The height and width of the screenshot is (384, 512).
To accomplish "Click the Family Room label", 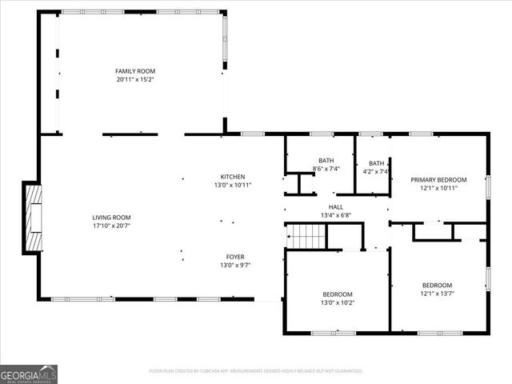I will click(134, 71).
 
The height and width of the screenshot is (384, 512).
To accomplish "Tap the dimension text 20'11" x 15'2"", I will click(134, 79).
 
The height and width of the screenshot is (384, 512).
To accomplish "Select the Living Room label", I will click(111, 218).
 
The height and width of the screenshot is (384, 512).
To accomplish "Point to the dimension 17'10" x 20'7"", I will click(111, 226).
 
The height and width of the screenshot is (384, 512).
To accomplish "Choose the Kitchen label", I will click(233, 177).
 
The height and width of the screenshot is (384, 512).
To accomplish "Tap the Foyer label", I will click(233, 257).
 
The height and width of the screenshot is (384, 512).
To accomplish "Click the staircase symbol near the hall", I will click(306, 237).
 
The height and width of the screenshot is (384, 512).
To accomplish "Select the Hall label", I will click(336, 206).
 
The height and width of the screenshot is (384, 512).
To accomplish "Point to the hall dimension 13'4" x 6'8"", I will click(336, 214).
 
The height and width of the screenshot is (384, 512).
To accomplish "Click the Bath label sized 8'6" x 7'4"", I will click(326, 161).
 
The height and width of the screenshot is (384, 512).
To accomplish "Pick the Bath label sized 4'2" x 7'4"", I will click(375, 163).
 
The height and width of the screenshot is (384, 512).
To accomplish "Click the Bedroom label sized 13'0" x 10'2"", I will click(337, 294).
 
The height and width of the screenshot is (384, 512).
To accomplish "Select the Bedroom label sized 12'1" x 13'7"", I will click(437, 286).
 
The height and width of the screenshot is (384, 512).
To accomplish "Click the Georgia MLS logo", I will click(29, 374).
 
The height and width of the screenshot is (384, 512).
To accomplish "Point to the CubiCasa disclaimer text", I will click(256, 371).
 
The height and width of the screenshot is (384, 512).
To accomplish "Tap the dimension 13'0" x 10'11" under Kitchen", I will click(233, 185).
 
